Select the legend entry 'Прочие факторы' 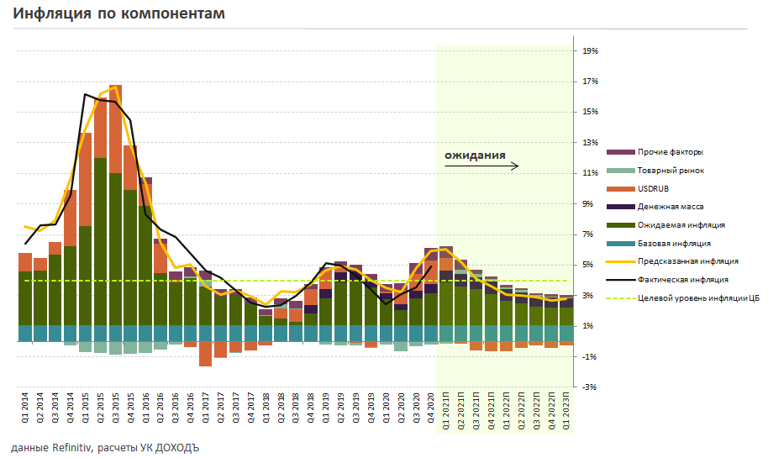tap(671, 152)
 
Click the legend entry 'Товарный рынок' tap(671, 171)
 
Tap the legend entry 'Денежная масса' tap(671, 206)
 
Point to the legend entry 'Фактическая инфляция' tap(682, 279)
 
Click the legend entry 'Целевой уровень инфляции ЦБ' tap(697, 297)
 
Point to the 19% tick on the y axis tap(590, 51)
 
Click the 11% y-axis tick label tap(590, 173)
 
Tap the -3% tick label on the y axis tap(590, 387)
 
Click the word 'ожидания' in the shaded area tap(475, 155)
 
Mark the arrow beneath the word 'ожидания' tap(481, 166)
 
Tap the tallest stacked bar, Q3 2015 tap(115, 210)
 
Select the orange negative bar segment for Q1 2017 tap(206, 354)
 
